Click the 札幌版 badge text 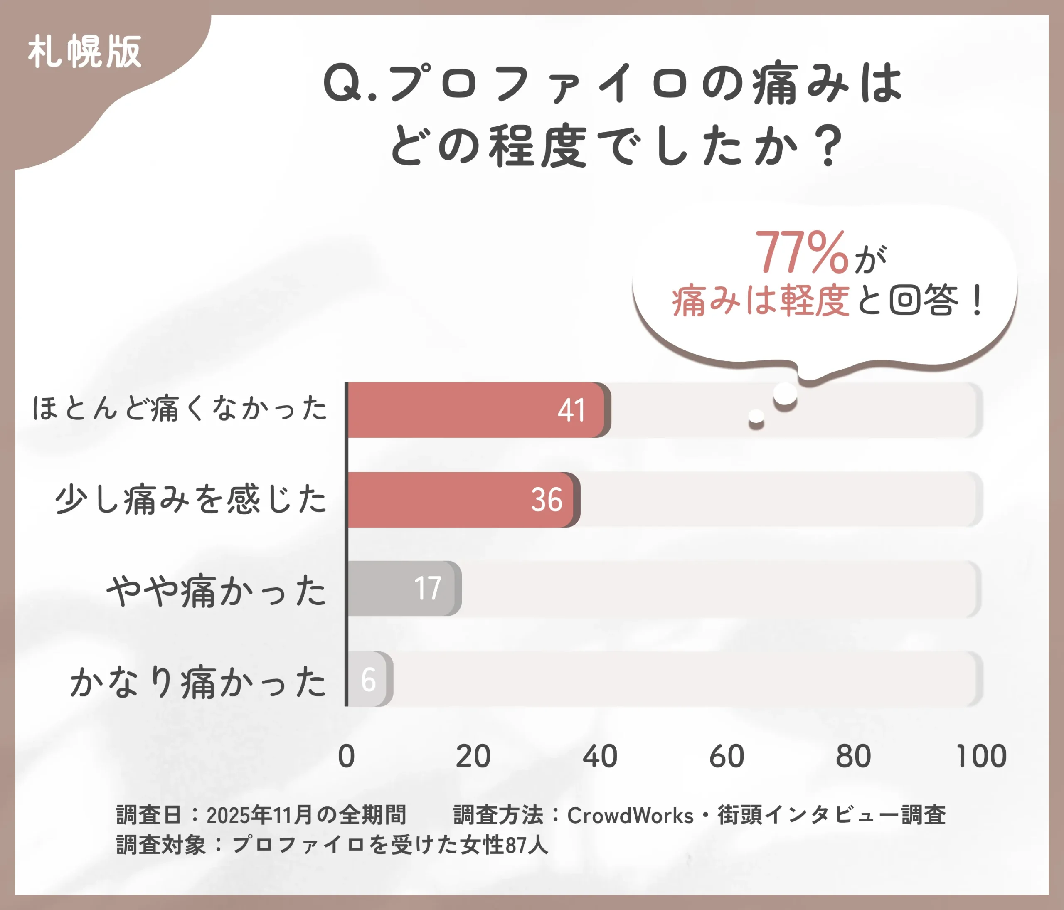click(85, 52)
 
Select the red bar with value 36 click(462, 500)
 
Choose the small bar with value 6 click(369, 679)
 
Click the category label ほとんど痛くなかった click(180, 409)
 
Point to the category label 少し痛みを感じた click(191, 499)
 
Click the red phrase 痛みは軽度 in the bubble click(761, 301)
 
